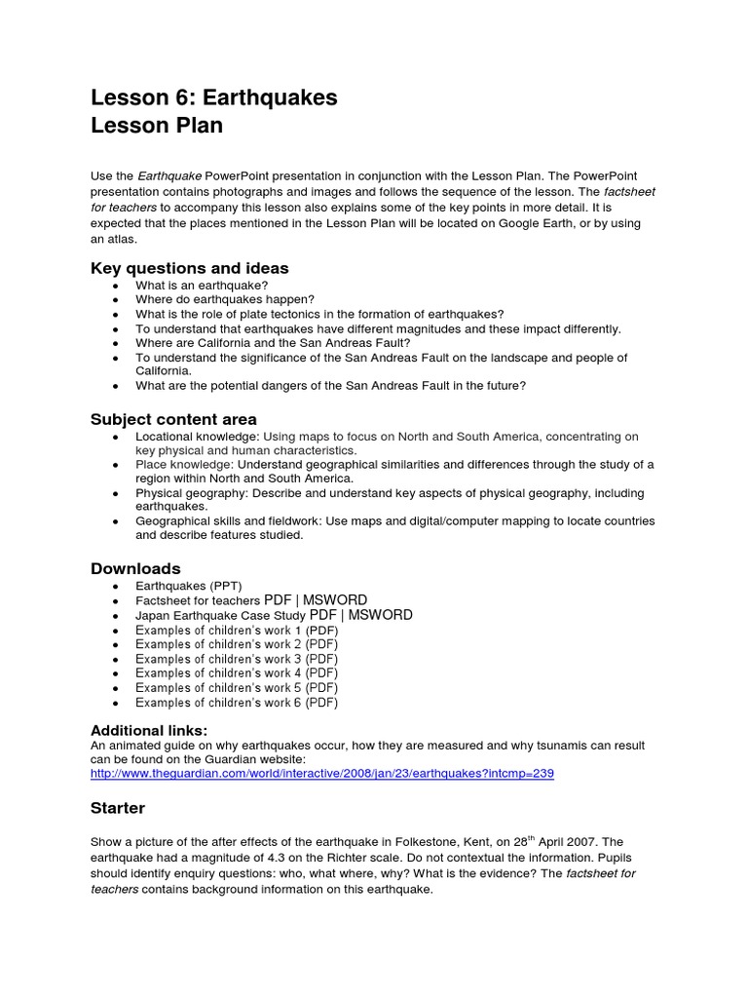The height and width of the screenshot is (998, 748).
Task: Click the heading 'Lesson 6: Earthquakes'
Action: (x=214, y=97)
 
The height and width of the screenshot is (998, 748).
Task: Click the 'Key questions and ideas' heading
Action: (x=189, y=268)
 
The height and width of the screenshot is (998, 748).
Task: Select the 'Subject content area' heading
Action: (x=173, y=419)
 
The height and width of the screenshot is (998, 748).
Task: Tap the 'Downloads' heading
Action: (x=135, y=568)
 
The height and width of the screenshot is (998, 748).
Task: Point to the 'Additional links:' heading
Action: (x=149, y=730)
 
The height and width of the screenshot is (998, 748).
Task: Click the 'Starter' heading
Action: (x=118, y=808)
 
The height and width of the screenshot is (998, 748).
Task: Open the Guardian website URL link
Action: (x=321, y=773)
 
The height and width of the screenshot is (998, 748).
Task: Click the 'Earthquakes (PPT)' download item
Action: (x=188, y=586)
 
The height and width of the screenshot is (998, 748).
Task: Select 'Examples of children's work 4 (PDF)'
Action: (x=237, y=672)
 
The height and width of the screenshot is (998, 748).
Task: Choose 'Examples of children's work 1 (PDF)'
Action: (x=237, y=630)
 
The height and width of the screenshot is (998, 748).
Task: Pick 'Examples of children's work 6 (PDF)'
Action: (x=237, y=702)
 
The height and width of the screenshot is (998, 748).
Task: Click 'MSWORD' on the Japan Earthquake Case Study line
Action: (x=380, y=615)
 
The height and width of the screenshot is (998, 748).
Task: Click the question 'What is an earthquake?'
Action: (x=202, y=286)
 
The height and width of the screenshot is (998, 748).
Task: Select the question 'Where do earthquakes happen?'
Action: (x=224, y=300)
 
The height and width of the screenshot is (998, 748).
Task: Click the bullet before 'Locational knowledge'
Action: (x=116, y=438)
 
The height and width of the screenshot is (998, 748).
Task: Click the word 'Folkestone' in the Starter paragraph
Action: (x=430, y=842)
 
